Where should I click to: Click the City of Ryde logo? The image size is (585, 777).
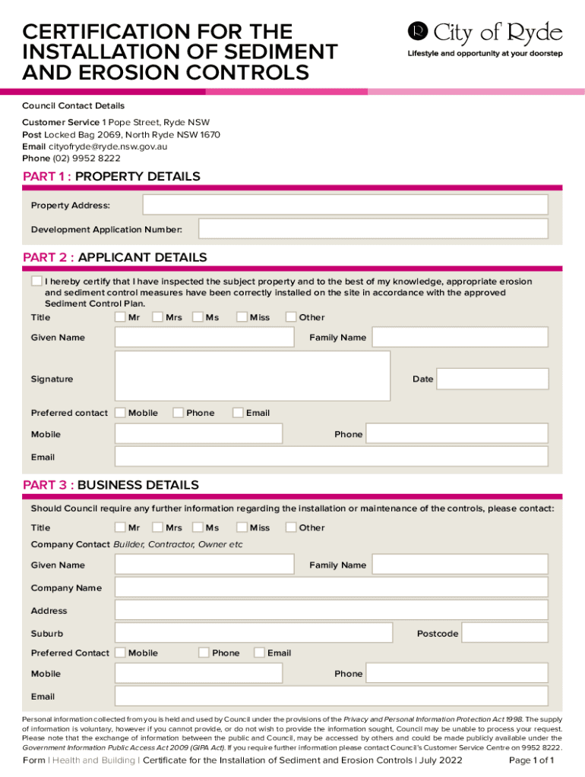pyautogui.click(x=485, y=33)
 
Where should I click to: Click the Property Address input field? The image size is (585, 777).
pyautogui.click(x=345, y=205)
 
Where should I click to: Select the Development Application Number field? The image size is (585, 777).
pyautogui.click(x=372, y=228)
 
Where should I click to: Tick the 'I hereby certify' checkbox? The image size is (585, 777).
pyautogui.click(x=36, y=282)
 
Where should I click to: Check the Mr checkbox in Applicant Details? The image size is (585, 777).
pyautogui.click(x=120, y=317)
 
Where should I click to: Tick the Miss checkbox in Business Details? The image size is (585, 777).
pyautogui.click(x=242, y=527)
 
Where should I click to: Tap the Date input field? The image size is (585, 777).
pyautogui.click(x=492, y=379)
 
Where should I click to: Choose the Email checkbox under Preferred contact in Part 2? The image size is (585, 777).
pyautogui.click(x=238, y=413)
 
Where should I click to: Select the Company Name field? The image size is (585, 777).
pyautogui.click(x=331, y=587)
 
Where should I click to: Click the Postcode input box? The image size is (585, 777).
pyautogui.click(x=504, y=633)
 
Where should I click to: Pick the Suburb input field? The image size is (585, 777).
pyautogui.click(x=253, y=633)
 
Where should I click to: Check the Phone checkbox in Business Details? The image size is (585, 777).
pyautogui.click(x=204, y=653)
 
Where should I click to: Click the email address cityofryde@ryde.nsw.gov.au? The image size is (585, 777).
pyautogui.click(x=110, y=146)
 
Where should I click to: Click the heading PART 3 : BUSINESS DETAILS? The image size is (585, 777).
pyautogui.click(x=111, y=485)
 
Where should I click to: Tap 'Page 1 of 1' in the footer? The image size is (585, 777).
pyautogui.click(x=531, y=760)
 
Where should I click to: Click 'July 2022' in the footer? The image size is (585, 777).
pyautogui.click(x=441, y=760)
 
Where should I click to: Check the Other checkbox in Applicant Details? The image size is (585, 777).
pyautogui.click(x=291, y=317)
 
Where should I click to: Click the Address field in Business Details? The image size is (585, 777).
pyautogui.click(x=331, y=610)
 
